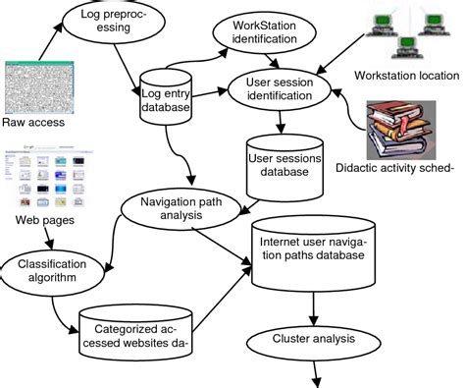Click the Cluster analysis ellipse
[311, 342]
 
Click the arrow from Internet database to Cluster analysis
[313, 311]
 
